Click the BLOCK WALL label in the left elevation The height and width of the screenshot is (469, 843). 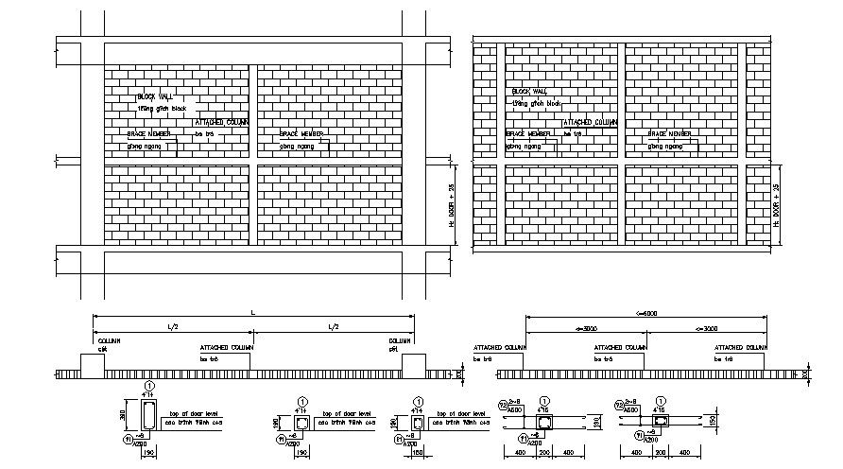point(156,97)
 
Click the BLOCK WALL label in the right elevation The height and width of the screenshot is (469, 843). point(529,92)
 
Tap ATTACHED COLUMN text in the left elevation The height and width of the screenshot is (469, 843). point(221,123)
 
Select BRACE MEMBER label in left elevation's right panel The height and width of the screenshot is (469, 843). point(302,134)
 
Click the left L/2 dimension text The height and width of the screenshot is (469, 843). point(171,326)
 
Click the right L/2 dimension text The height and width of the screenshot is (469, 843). point(333,326)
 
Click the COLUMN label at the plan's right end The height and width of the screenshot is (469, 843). point(400,340)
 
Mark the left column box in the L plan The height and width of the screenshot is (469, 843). point(92,363)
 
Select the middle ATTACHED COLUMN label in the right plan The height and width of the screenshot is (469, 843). point(620,348)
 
